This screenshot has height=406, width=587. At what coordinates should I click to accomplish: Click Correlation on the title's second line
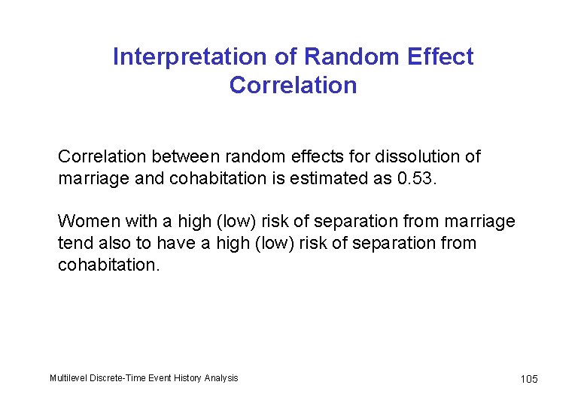(x=293, y=86)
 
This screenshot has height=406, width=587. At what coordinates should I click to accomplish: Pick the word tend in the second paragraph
(x=73, y=244)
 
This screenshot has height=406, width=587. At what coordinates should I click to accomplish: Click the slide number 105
(x=529, y=379)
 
